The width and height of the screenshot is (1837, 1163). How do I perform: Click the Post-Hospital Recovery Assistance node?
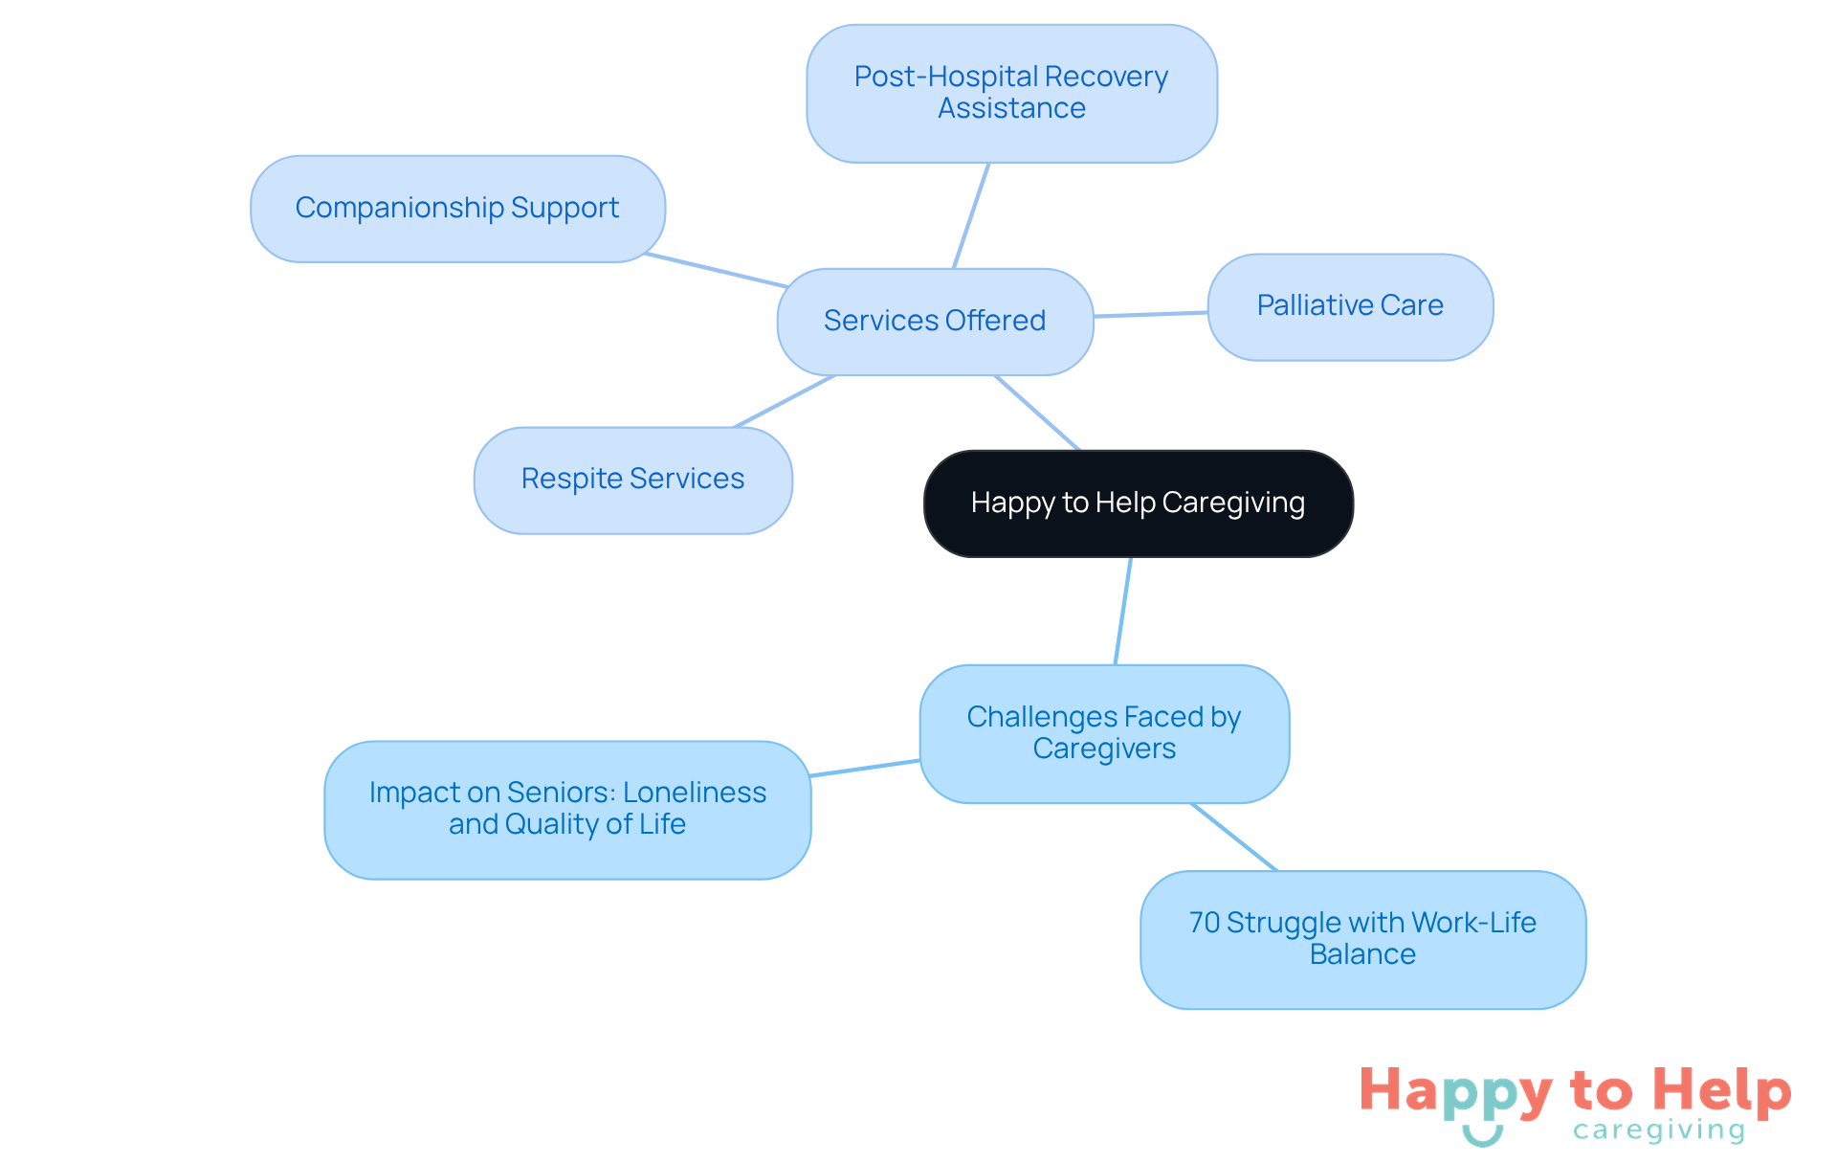[x=1011, y=93]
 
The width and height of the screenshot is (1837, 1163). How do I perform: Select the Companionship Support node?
[x=457, y=209]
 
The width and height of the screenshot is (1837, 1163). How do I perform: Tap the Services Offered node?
[x=935, y=321]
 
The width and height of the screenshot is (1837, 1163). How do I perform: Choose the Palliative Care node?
[x=1350, y=306]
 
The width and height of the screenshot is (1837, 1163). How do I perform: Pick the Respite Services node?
[x=632, y=480]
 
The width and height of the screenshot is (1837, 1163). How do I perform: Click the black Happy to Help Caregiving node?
[x=1138, y=503]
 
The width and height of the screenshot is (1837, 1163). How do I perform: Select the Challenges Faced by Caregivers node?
[x=1104, y=733]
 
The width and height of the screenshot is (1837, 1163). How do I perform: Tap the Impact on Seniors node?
[x=567, y=809]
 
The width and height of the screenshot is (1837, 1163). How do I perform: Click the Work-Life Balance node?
[x=1362, y=939]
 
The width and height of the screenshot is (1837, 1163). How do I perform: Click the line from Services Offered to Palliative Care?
[x=1150, y=314]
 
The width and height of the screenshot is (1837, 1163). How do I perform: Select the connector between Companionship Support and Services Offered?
[x=717, y=271]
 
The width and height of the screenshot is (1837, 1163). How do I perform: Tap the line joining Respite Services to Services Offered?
[x=784, y=401]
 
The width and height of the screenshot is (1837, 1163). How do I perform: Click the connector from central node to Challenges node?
[x=1123, y=611]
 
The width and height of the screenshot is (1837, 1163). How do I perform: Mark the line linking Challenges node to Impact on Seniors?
[x=865, y=768]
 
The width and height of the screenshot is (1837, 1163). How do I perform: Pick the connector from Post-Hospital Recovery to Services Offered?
[x=971, y=215]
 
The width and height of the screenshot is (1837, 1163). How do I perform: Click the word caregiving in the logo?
[x=1659, y=1130]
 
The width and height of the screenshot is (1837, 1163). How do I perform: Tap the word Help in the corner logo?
[x=1721, y=1090]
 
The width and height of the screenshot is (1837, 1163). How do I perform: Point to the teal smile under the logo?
[x=1482, y=1136]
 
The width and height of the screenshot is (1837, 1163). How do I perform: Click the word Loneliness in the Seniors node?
[x=695, y=793]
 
